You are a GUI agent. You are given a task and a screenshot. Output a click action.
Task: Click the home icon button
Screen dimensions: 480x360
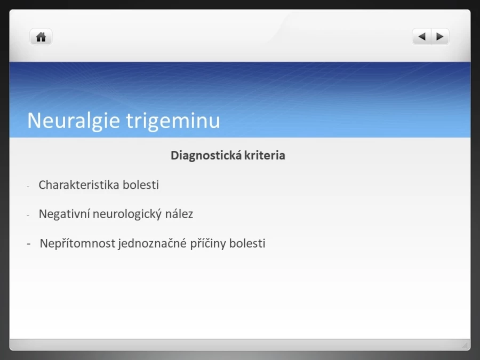click(41, 37)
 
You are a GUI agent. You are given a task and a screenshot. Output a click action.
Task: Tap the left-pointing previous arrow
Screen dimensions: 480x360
click(421, 37)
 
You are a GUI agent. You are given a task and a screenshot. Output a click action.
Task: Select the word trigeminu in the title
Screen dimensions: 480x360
click(173, 121)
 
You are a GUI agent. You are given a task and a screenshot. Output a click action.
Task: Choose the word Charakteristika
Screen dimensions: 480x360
click(79, 185)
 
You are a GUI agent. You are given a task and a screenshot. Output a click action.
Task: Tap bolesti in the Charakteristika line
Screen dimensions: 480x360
click(141, 185)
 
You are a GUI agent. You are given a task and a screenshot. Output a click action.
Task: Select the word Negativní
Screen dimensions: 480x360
click(64, 214)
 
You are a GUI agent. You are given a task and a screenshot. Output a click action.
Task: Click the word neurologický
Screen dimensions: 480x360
click(127, 214)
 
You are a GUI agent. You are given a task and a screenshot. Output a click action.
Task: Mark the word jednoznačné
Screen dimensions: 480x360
click(152, 243)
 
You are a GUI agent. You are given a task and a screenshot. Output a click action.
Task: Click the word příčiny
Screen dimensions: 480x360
click(208, 243)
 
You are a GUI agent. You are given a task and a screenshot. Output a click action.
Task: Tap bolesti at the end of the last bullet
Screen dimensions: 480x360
click(247, 243)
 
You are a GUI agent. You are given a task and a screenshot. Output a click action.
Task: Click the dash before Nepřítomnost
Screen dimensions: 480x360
click(29, 244)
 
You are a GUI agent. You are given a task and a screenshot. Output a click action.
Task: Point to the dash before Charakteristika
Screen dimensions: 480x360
click(28, 186)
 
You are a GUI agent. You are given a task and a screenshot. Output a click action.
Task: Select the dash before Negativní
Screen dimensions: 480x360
click(28, 215)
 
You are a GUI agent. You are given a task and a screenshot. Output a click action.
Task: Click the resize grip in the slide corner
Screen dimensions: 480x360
click(465, 345)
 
